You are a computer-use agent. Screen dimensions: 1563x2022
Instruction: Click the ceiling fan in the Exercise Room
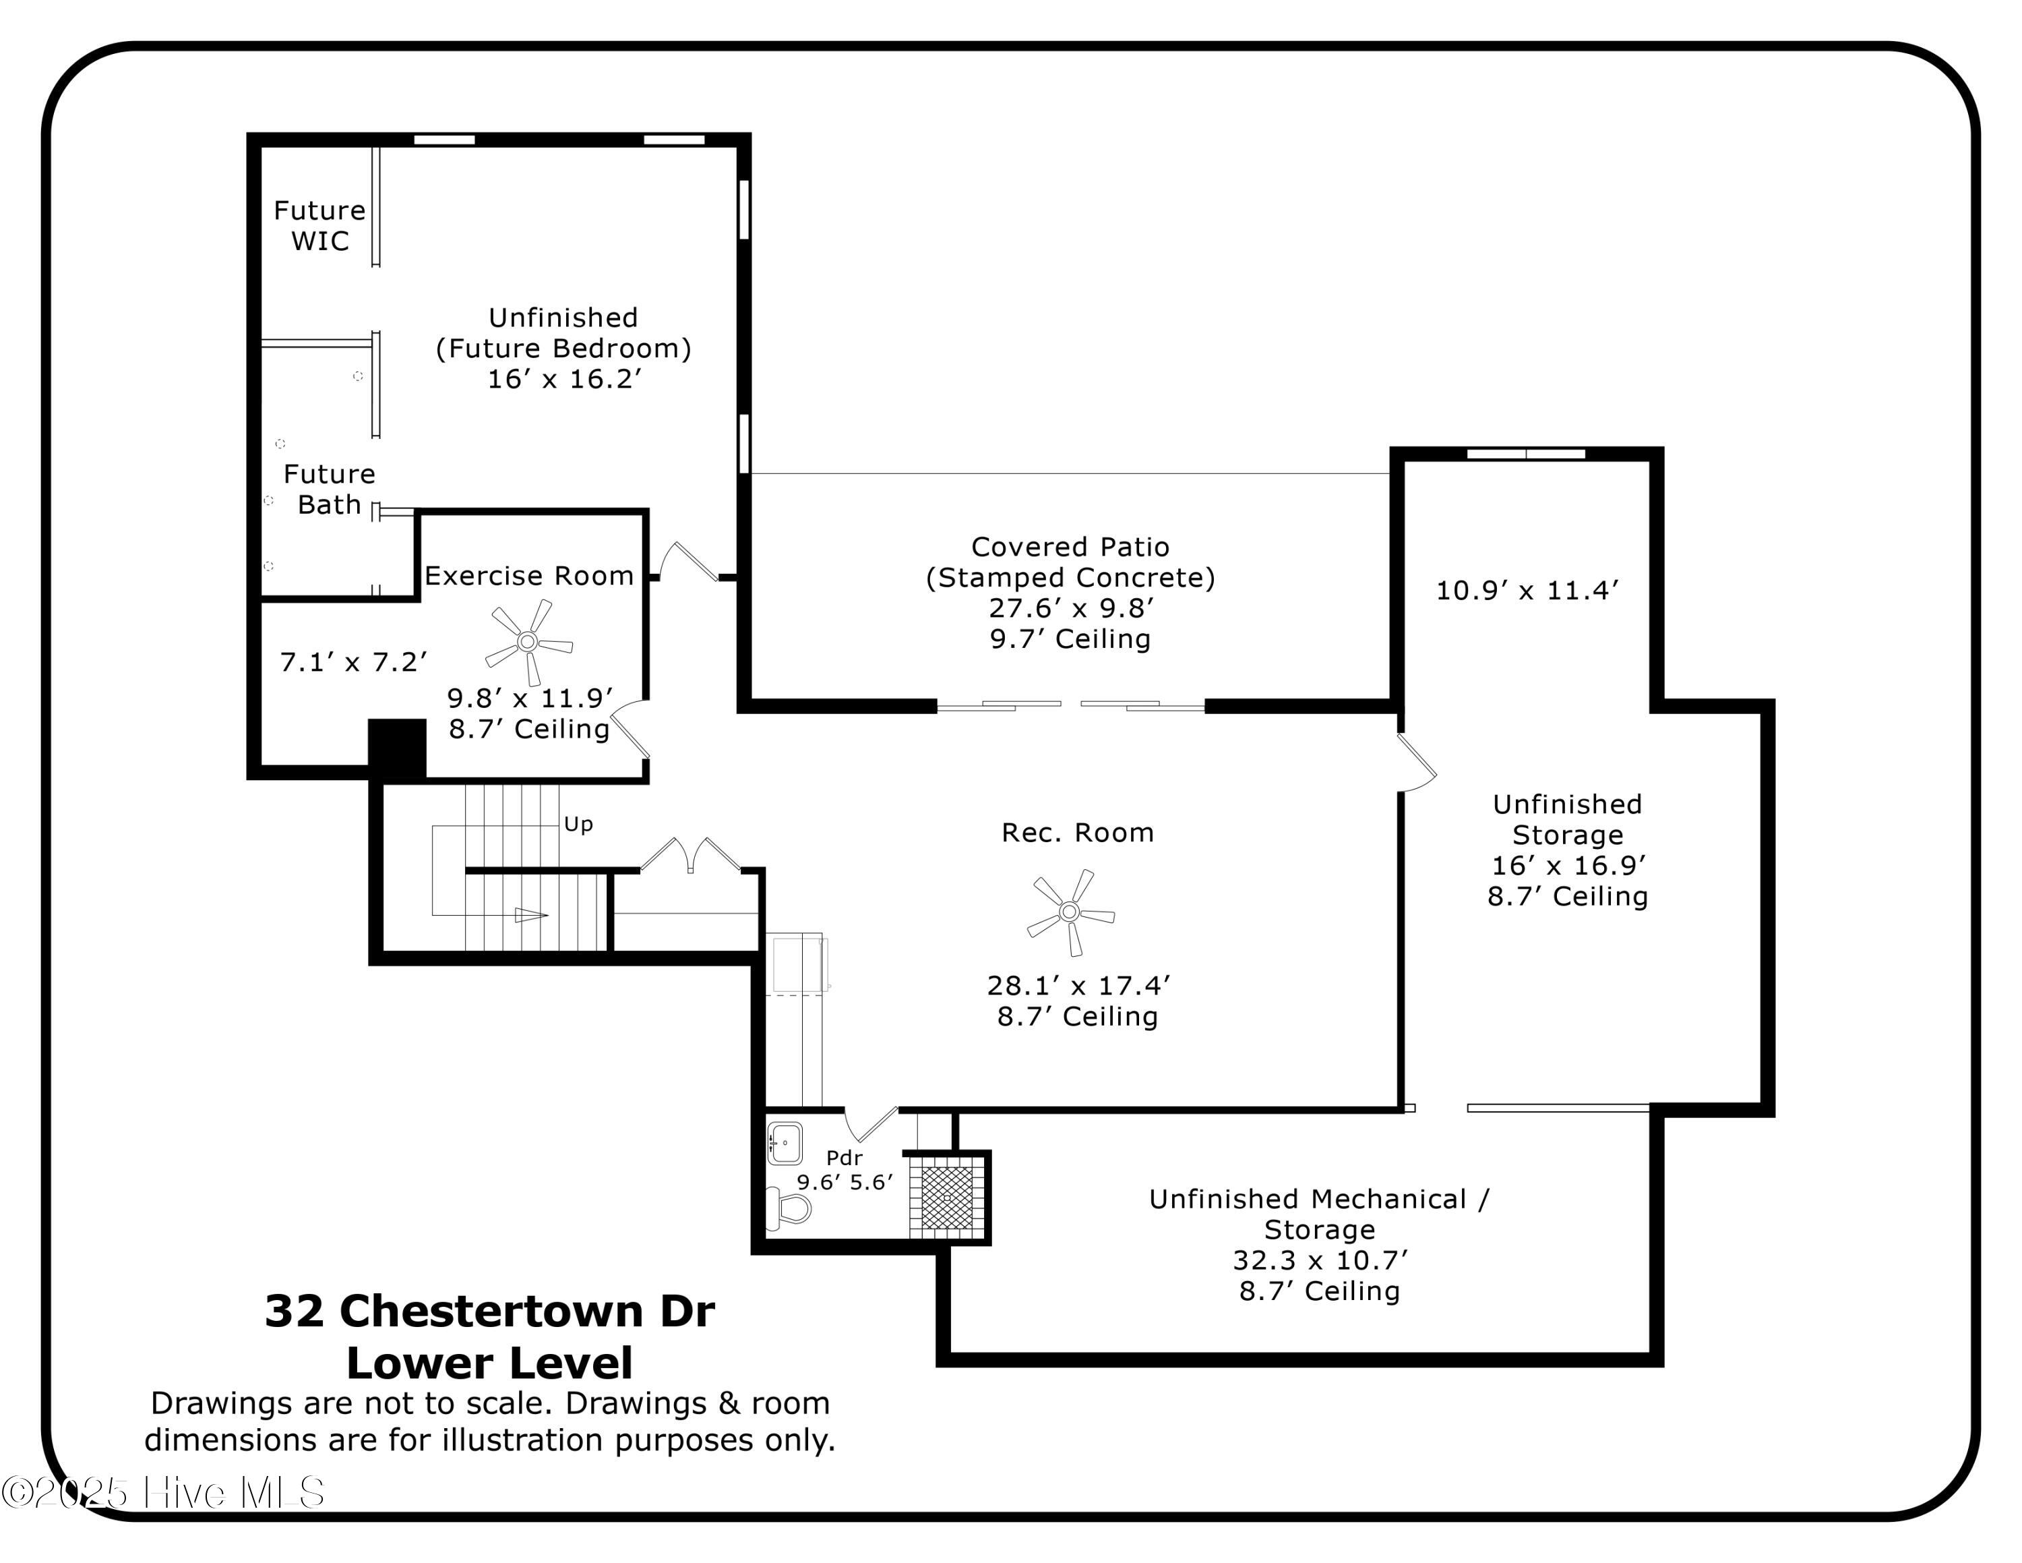(528, 641)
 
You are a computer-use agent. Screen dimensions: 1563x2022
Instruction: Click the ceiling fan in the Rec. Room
(1070, 912)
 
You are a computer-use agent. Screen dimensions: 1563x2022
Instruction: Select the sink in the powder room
(785, 1143)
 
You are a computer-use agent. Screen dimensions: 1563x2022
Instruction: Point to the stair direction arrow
(530, 915)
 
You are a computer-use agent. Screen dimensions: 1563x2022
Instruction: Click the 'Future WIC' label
(319, 226)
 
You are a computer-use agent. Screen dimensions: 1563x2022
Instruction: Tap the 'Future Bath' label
(329, 489)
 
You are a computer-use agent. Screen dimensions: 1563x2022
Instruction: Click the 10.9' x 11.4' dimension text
(1527, 591)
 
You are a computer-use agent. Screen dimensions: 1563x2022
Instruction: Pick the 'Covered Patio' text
(1070, 548)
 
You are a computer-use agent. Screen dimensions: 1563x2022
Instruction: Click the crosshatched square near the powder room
(947, 1198)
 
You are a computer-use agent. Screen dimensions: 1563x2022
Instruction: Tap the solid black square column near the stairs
(397, 747)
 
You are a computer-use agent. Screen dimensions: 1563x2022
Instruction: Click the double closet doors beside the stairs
(690, 854)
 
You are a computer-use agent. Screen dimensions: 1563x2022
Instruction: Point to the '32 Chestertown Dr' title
(490, 1311)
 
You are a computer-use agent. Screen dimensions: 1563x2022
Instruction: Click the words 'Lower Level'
(490, 1363)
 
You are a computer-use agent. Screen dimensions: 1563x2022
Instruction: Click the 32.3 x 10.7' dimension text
(1319, 1260)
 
